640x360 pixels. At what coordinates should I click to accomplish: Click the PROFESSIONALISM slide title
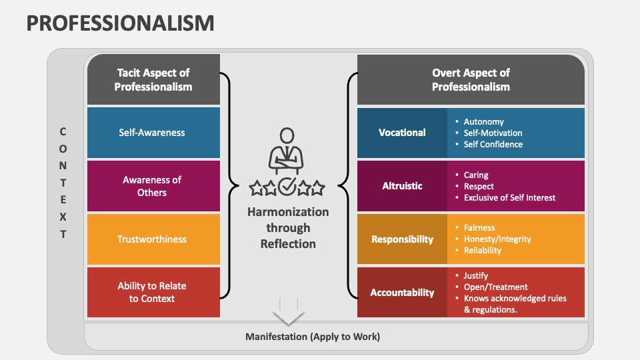pos(121,23)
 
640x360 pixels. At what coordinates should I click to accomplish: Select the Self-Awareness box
pos(153,133)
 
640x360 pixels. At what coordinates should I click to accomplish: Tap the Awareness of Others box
pos(153,186)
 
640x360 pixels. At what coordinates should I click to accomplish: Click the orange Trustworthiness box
pos(153,239)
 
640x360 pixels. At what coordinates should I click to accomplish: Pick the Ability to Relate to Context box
pos(153,292)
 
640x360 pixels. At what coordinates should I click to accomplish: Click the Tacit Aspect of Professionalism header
pos(153,80)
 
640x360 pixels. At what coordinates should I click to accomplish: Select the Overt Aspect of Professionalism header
pos(471,80)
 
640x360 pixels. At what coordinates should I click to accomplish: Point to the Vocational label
pos(402,133)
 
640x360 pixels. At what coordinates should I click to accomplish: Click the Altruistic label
pos(402,186)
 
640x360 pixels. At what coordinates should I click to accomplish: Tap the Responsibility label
pos(402,239)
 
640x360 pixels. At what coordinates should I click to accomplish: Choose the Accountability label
pos(402,292)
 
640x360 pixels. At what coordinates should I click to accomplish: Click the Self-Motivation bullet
pos(493,133)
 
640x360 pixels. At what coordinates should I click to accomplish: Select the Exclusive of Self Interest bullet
pos(509,197)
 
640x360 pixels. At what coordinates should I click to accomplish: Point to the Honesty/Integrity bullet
pos(497,239)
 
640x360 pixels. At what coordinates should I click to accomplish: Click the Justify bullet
pos(476,275)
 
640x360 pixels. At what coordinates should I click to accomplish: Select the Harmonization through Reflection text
pos(288,227)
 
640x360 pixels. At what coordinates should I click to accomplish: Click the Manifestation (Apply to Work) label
pos(313,337)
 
